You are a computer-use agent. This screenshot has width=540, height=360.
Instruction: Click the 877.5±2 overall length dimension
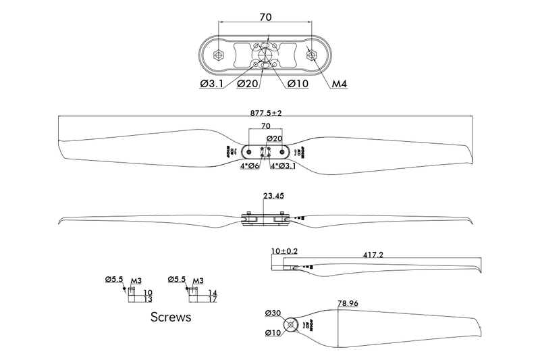[x=267, y=113]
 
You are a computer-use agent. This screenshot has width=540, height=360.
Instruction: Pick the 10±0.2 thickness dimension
[x=284, y=251]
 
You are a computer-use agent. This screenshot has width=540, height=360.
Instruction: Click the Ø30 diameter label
[x=273, y=313]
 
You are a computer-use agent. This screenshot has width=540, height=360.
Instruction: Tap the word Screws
[x=171, y=316]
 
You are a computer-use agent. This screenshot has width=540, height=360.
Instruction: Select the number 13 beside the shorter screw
[x=148, y=299]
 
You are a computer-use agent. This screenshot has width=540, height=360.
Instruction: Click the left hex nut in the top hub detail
[x=217, y=55]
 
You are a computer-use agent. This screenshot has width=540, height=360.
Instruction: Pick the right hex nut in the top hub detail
[x=313, y=55]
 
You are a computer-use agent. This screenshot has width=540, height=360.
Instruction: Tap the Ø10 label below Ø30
[x=273, y=334]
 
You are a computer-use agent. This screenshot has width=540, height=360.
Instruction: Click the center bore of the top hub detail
[x=265, y=55]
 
